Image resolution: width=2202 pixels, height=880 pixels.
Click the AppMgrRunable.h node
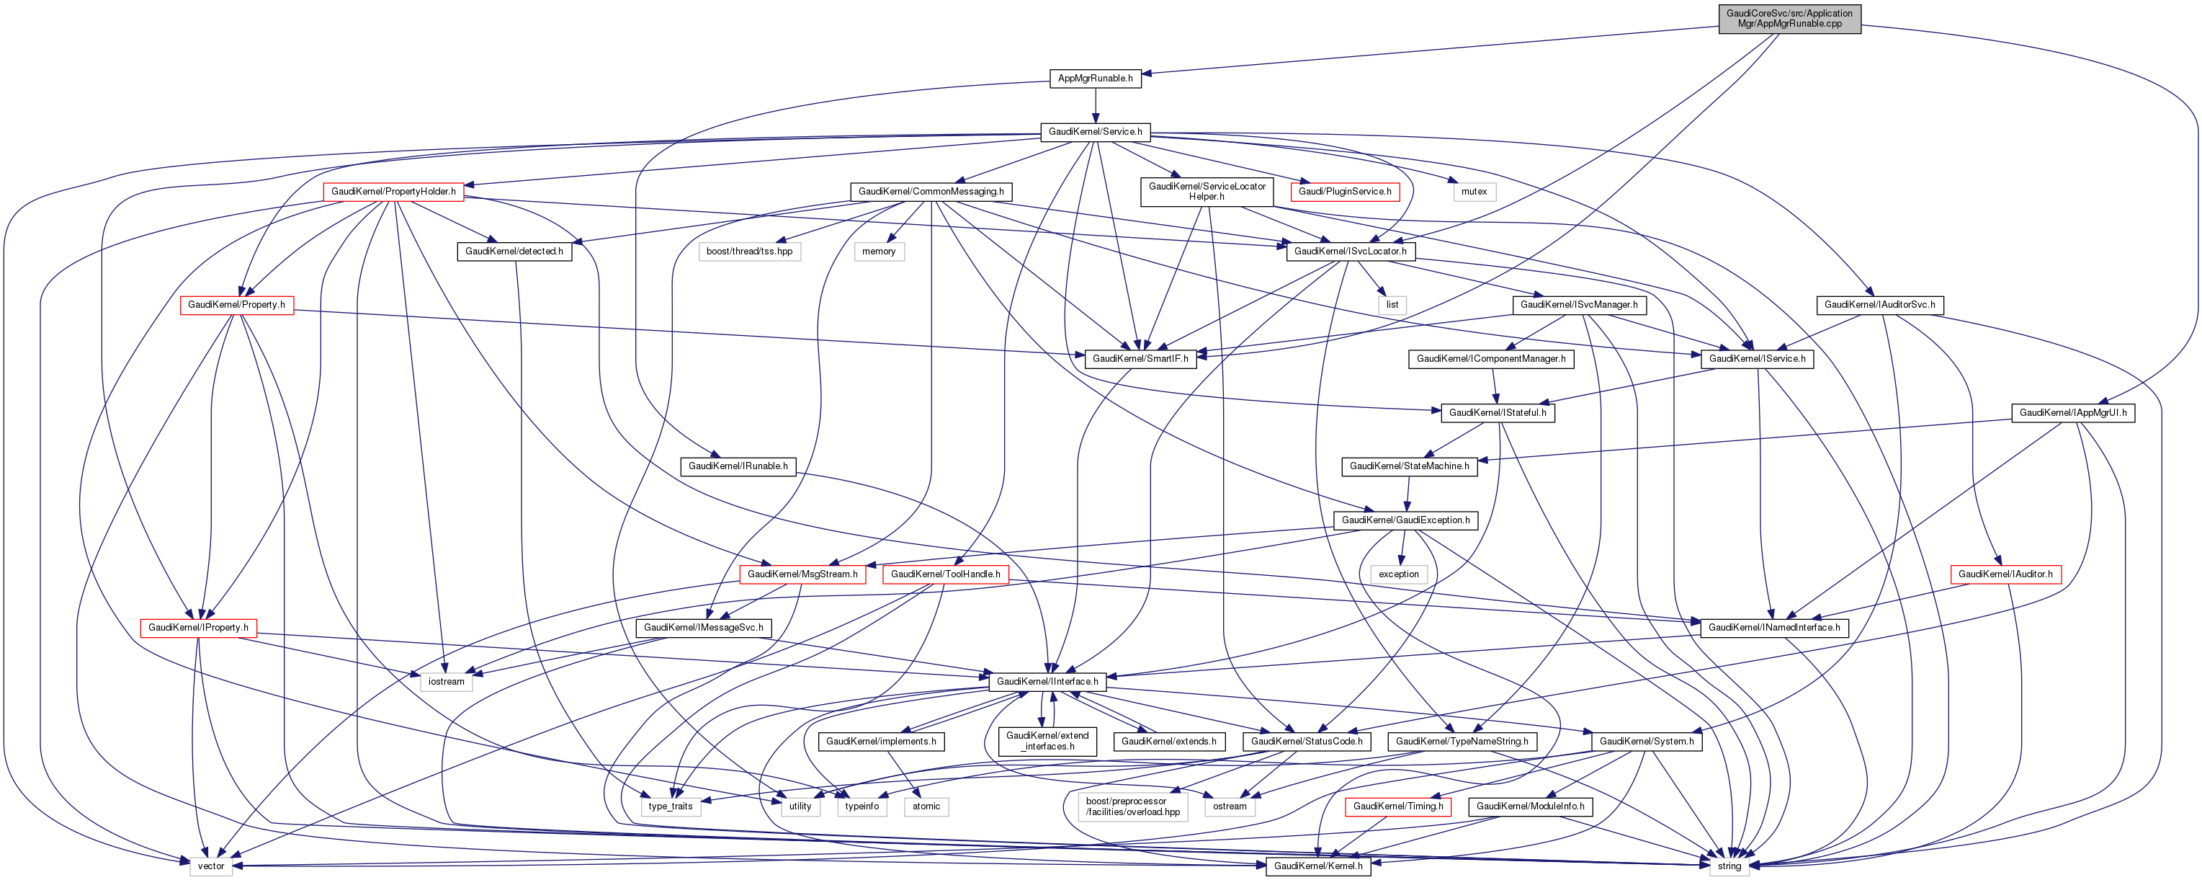(x=1095, y=79)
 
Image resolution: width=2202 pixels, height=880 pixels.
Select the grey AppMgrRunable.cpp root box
(x=1789, y=19)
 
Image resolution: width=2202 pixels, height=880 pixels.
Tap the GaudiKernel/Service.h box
(x=1095, y=132)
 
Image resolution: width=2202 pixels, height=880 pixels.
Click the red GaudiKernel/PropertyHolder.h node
(x=393, y=192)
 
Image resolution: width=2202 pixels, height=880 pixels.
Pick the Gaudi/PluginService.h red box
(x=1345, y=192)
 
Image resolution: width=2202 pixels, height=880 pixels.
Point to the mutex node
(x=1474, y=192)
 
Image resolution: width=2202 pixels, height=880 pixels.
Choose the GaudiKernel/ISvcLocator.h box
(x=1350, y=252)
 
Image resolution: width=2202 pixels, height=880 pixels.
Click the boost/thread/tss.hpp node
(x=749, y=252)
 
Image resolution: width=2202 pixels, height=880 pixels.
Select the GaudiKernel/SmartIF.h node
(x=1140, y=359)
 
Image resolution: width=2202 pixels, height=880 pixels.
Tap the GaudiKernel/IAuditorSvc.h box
(x=1880, y=304)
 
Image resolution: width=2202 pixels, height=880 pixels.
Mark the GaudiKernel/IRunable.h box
(x=738, y=466)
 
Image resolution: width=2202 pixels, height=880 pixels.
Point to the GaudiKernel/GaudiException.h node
(x=1405, y=520)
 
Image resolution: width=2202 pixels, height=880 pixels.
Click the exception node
(x=1398, y=574)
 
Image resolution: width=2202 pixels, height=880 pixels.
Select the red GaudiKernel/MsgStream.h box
(x=802, y=574)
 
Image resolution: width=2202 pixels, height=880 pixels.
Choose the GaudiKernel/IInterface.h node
(x=1047, y=682)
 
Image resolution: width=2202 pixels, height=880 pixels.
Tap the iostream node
(x=446, y=682)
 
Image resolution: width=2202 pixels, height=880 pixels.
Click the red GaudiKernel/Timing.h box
(x=1397, y=806)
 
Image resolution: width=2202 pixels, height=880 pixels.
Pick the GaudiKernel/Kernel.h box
(x=1318, y=866)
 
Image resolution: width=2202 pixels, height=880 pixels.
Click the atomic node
(x=926, y=806)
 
